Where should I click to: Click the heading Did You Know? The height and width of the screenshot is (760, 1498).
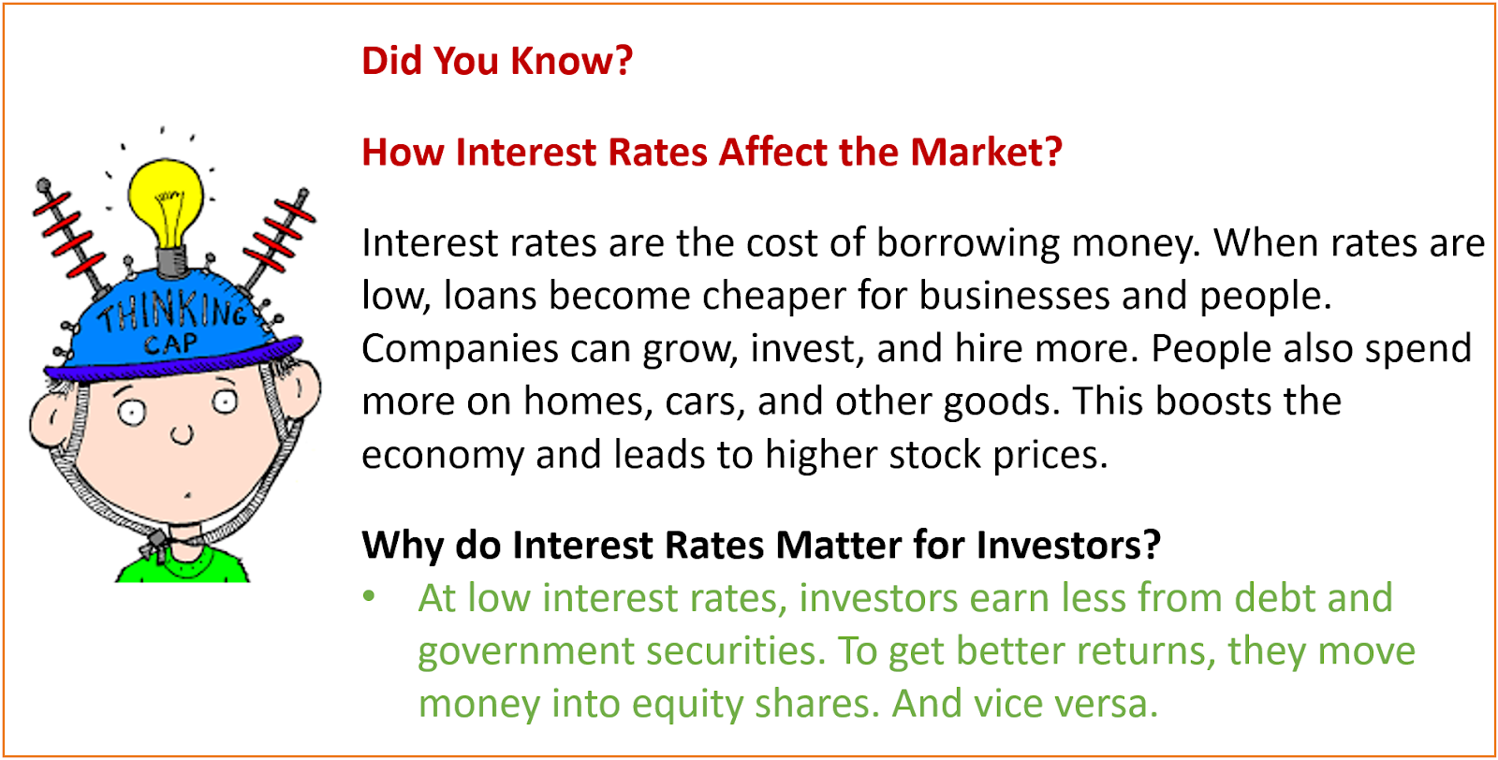pyautogui.click(x=497, y=60)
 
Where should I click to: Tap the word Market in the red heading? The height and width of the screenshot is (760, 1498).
pyautogui.click(x=987, y=152)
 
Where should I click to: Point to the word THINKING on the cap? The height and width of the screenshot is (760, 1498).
pyautogui.click(x=173, y=311)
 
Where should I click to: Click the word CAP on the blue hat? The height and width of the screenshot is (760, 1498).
pyautogui.click(x=171, y=343)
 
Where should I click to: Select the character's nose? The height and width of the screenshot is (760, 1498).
pyautogui.click(x=182, y=434)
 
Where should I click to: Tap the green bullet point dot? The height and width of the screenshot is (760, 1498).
pyautogui.click(x=369, y=596)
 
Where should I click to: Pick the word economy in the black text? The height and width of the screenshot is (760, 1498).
pyautogui.click(x=443, y=455)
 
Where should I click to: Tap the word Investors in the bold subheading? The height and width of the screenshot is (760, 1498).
pyautogui.click(x=1068, y=545)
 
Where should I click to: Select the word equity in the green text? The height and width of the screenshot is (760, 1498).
pyautogui.click(x=687, y=704)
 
